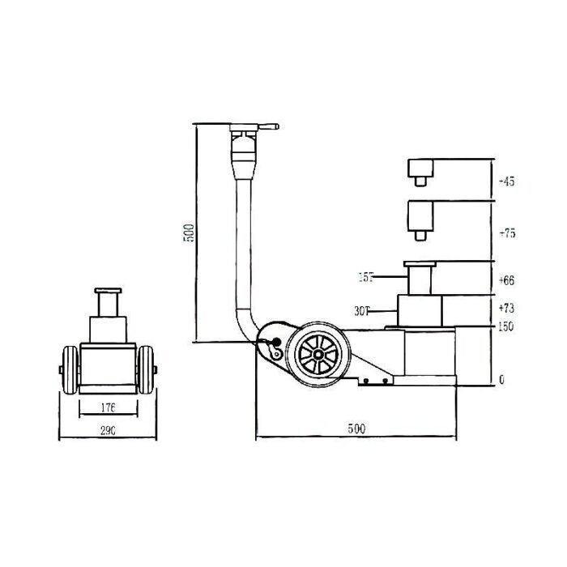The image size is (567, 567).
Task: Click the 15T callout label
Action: point(366,278)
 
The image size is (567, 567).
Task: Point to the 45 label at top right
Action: point(509,181)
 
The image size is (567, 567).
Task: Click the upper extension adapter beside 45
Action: point(421,169)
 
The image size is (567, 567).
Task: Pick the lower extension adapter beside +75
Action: point(421,218)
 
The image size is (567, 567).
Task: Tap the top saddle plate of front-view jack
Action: point(106,291)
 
